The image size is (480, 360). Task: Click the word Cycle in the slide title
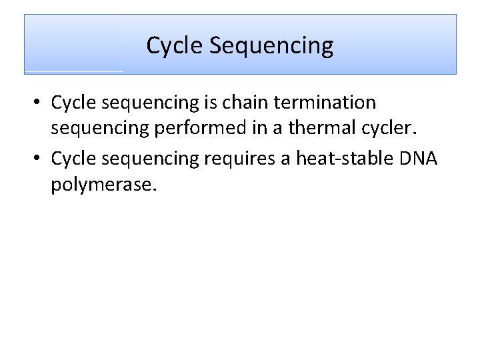coord(174,46)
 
